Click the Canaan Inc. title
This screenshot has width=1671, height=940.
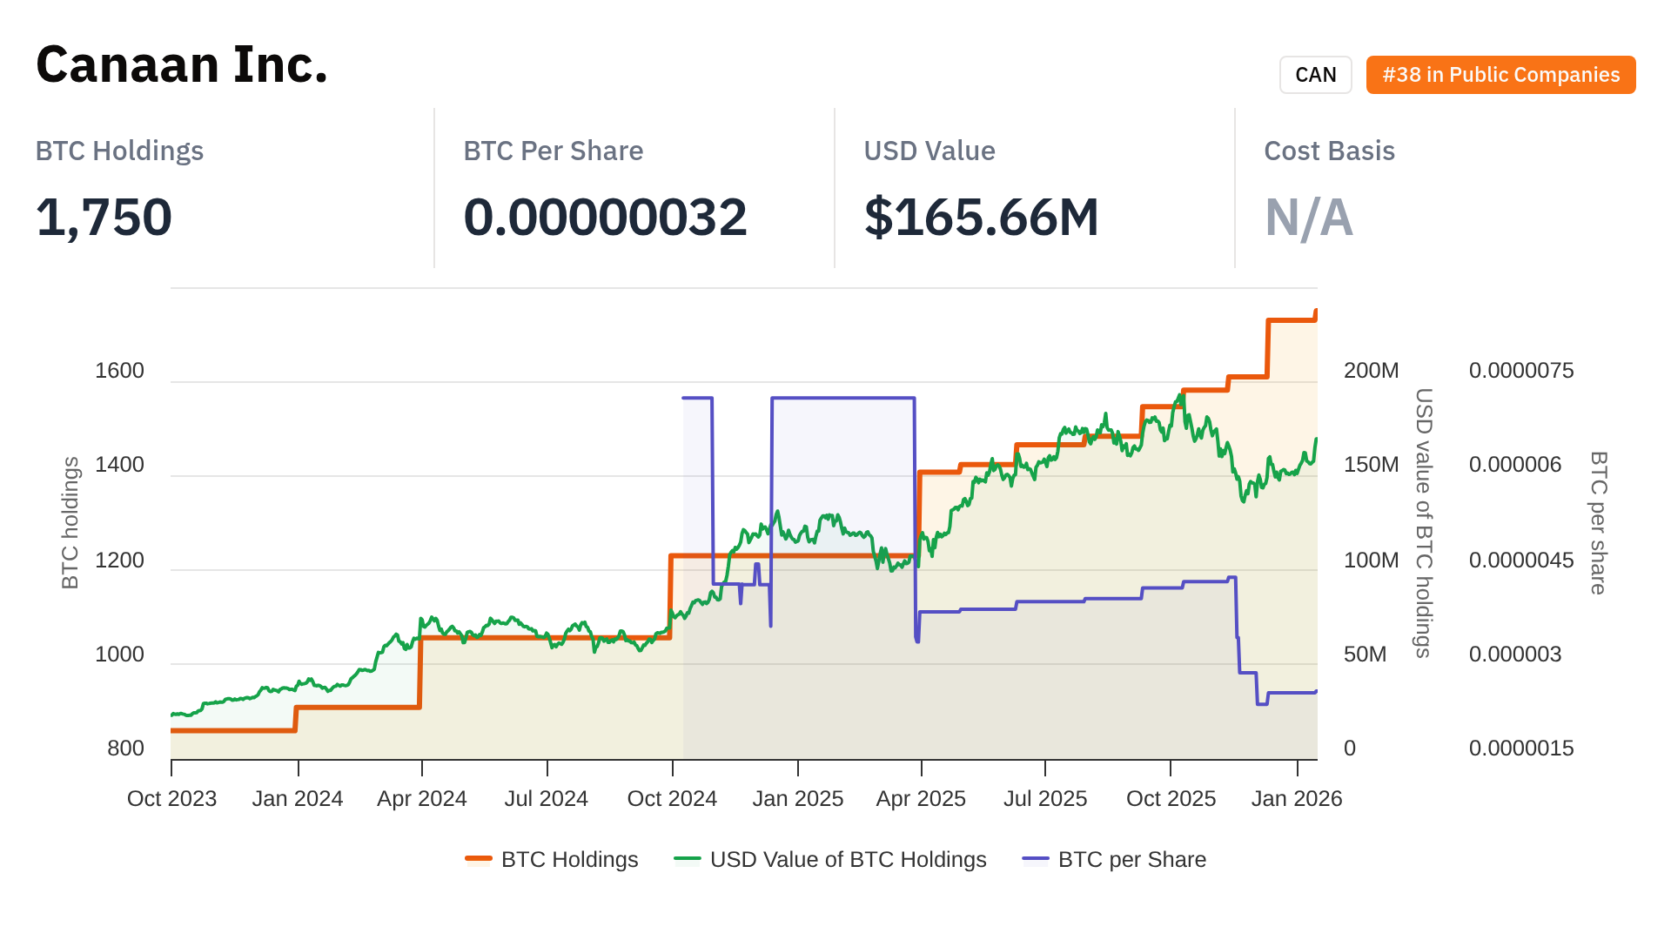182,65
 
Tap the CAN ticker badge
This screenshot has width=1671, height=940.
1315,75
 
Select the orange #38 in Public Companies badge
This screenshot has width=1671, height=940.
1500,75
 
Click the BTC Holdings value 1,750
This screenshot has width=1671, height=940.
104,217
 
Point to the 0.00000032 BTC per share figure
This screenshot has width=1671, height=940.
605,217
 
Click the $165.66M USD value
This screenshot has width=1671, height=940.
981,217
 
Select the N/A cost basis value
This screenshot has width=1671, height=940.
1308,217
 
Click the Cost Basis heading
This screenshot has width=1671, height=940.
1329,151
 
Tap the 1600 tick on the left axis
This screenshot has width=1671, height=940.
119,371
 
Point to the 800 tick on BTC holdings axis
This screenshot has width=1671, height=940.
125,749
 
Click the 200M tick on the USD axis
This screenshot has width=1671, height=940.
1371,371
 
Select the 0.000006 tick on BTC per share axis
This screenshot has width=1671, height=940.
1515,465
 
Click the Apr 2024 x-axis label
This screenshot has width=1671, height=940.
422,799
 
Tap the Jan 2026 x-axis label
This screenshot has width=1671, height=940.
1296,799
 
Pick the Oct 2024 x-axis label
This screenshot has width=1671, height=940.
672,799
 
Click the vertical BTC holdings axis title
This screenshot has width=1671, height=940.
70,522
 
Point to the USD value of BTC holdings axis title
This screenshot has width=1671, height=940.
1423,522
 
